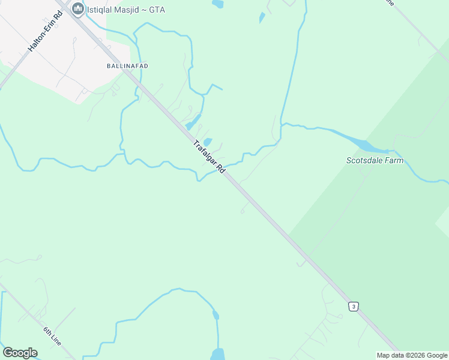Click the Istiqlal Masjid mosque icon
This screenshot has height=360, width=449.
(77, 9)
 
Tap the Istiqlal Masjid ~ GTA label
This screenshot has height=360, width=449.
(126, 10)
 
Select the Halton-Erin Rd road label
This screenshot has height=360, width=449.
(45, 31)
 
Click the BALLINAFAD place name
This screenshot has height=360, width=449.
(127, 65)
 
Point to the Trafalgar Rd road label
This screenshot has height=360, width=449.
(209, 157)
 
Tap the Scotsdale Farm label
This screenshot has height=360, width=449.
(375, 160)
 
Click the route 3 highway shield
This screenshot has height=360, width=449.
(354, 307)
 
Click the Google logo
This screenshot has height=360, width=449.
(20, 352)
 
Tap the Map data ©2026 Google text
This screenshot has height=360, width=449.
(412, 355)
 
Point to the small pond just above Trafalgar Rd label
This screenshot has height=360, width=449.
(207, 142)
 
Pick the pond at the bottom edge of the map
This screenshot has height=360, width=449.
(217, 354)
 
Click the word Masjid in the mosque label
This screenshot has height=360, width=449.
(131, 10)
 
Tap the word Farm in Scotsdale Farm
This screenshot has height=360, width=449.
(394, 160)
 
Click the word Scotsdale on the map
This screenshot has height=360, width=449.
(364, 160)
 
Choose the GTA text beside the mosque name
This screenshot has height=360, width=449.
(157, 10)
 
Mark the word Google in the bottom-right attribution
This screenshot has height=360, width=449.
(437, 355)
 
